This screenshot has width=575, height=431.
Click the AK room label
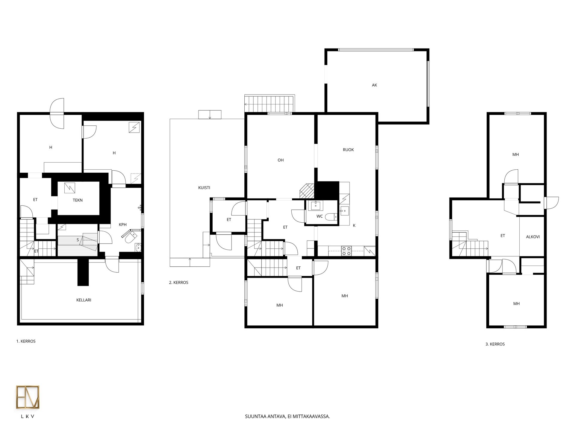(374, 85)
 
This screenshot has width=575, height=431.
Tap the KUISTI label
(204, 188)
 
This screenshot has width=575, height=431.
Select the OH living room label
(281, 160)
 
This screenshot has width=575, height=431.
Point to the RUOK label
(348, 150)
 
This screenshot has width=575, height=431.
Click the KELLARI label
(84, 300)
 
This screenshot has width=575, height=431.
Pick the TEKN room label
(78, 200)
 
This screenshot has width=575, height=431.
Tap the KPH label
(123, 224)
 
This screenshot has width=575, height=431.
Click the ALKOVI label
(533, 237)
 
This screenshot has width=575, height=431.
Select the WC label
(320, 216)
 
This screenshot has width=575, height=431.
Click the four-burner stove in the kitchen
(347, 251)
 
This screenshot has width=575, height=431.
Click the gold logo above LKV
(28, 397)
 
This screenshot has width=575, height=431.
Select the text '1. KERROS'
(26, 341)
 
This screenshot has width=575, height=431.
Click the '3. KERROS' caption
(495, 344)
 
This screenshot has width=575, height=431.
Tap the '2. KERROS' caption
(179, 283)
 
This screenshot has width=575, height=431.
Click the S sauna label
(78, 240)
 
